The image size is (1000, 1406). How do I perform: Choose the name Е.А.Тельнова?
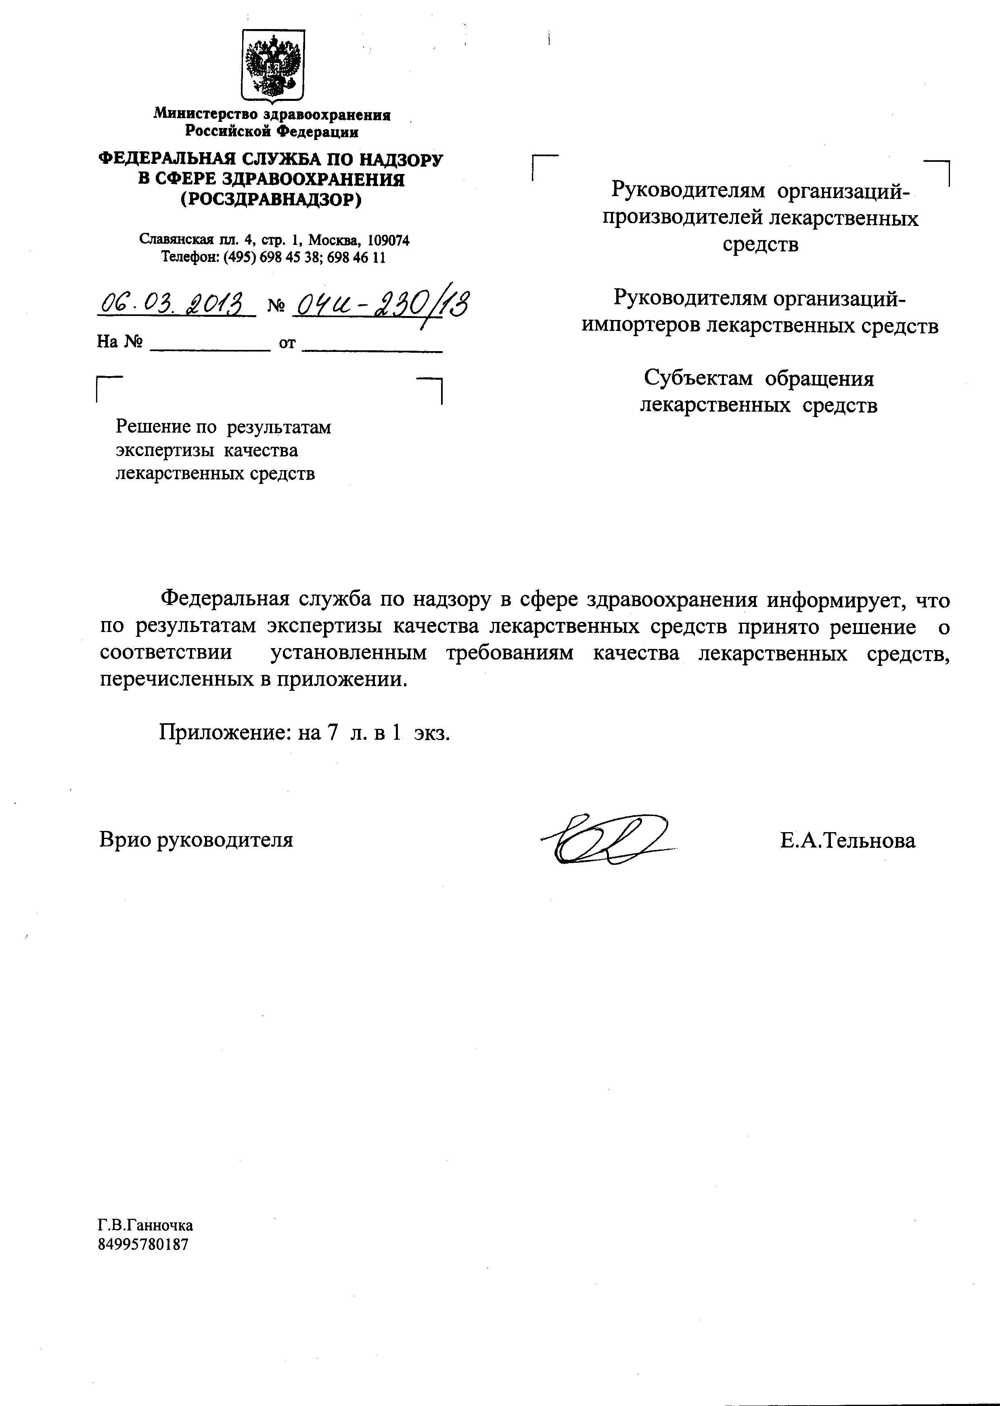pyautogui.click(x=847, y=840)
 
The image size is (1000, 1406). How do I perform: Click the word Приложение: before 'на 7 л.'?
pyautogui.click(x=225, y=732)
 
